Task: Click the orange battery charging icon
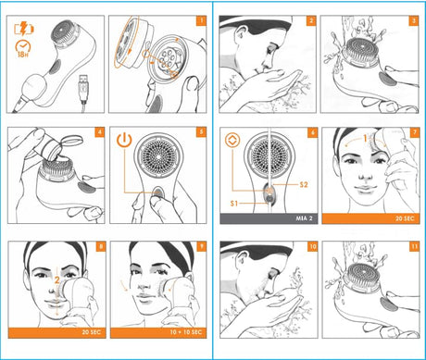(24, 29)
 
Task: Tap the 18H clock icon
(23, 49)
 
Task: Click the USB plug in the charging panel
(83, 90)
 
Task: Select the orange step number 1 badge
(201, 20)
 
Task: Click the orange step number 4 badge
(99, 132)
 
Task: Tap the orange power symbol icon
(124, 140)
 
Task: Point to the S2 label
(304, 184)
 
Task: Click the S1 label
(234, 203)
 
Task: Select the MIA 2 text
(304, 218)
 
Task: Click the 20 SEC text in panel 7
(405, 218)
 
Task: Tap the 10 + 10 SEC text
(186, 332)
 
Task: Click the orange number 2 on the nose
(57, 280)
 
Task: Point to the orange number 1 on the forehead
(365, 138)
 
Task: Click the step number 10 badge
(313, 246)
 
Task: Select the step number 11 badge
(414, 246)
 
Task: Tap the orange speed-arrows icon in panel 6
(232, 141)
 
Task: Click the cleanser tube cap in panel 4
(74, 142)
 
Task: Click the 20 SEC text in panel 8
(92, 332)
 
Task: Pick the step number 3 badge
(414, 20)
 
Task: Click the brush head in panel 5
(158, 156)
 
